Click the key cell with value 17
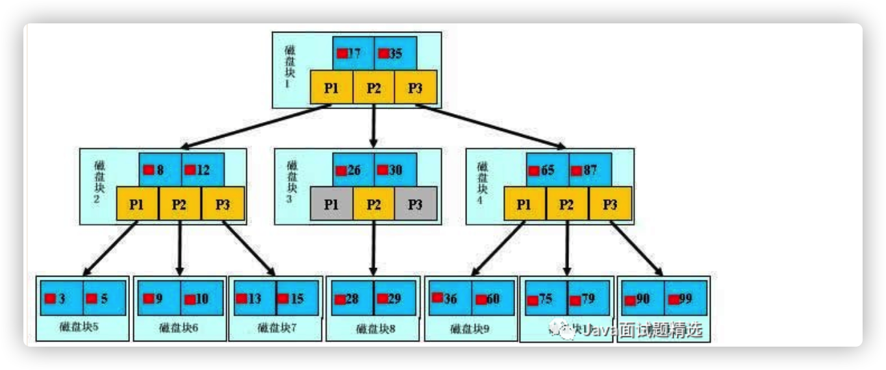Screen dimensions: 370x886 353,53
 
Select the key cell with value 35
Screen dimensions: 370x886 395,53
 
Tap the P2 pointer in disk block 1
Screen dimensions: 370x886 373,88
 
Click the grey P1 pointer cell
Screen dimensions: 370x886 331,204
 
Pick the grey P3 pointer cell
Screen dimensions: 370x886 415,204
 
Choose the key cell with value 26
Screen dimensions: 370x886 353,170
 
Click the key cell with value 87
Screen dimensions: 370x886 589,170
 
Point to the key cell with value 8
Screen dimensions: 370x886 160,169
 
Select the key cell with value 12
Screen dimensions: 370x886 202,169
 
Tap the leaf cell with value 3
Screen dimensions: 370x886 62,299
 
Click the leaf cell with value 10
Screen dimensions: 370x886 201,299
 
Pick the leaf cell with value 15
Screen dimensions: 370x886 297,299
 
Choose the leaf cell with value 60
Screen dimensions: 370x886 492,299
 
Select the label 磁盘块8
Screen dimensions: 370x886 375,328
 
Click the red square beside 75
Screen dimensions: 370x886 533,300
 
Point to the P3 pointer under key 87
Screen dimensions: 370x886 610,204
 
